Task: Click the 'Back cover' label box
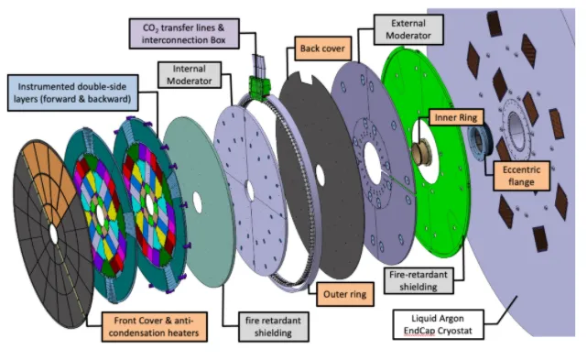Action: [322, 49]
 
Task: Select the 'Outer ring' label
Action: [345, 294]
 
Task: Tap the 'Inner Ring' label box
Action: [456, 117]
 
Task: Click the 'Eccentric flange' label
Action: [521, 176]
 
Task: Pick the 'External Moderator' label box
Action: [408, 29]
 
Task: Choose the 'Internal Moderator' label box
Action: [190, 75]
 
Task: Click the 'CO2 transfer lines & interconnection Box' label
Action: [184, 34]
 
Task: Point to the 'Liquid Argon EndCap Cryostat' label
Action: [438, 324]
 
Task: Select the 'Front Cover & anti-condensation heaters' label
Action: [154, 327]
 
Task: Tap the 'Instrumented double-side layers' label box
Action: [72, 93]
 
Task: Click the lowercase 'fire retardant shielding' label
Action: [273, 327]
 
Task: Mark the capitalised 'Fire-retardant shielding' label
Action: [419, 280]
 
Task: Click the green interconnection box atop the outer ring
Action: [260, 88]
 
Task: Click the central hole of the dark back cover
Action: [320, 175]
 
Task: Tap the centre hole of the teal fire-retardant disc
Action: [197, 202]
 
